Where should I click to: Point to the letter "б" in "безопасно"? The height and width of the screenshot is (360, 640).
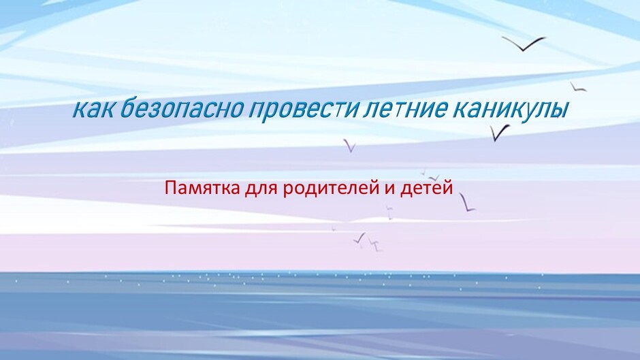click(127, 109)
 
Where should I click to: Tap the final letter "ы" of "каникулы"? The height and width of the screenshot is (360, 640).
click(560, 111)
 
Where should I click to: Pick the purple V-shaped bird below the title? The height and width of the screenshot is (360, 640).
click(350, 146)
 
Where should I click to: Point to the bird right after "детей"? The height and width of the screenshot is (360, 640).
click(467, 203)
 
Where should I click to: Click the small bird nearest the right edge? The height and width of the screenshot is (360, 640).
click(577, 87)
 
